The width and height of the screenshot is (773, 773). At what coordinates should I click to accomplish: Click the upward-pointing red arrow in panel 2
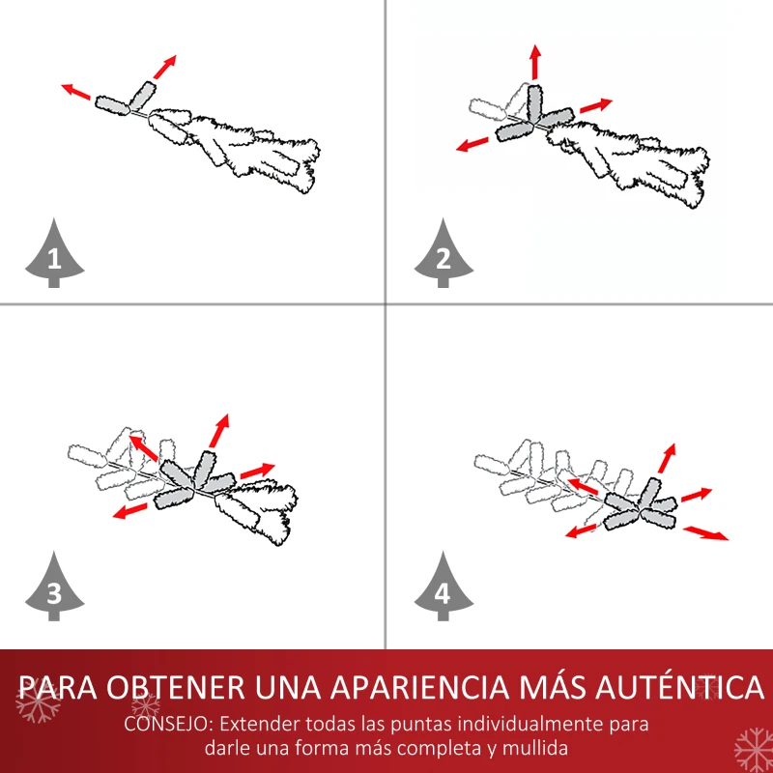tap(535, 62)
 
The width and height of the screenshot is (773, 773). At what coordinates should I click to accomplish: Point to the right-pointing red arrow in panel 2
tap(596, 105)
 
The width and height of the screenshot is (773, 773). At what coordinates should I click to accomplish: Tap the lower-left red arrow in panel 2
tap(472, 144)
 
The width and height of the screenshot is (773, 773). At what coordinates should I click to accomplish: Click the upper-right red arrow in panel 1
tap(164, 67)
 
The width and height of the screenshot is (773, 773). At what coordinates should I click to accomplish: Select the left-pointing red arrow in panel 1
tap(76, 92)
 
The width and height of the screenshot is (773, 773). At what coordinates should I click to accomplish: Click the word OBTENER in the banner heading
tap(176, 687)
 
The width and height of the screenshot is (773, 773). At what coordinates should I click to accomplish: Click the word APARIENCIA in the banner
tap(419, 687)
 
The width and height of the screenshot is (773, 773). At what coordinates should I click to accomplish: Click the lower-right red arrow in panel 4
tap(705, 533)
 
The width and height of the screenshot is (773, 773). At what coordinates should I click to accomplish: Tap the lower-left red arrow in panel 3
tap(130, 511)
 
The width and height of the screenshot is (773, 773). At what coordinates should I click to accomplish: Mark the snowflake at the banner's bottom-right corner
tap(754, 751)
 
